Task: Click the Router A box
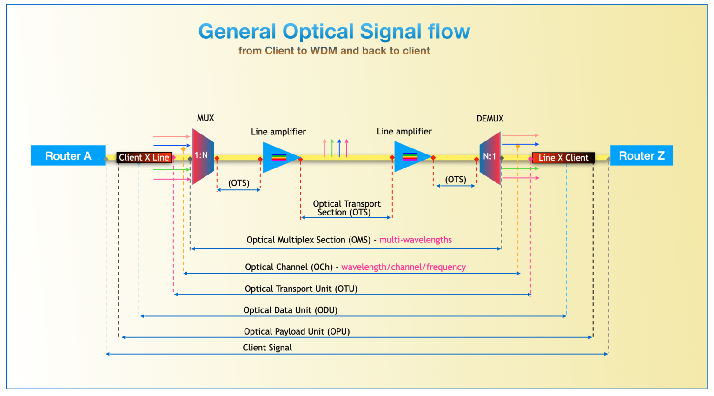click(68, 156)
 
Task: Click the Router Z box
click(641, 156)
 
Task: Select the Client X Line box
click(144, 158)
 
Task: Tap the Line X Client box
click(563, 158)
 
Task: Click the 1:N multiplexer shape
click(202, 156)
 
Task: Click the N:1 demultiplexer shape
click(490, 157)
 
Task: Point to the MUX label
click(205, 118)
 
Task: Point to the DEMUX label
click(490, 119)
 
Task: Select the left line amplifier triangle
click(279, 158)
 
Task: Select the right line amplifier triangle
click(410, 157)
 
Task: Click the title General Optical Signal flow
click(334, 32)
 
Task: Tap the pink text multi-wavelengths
click(415, 240)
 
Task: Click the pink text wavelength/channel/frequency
click(403, 267)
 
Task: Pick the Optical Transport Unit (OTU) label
click(301, 289)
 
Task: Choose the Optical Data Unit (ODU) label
click(290, 310)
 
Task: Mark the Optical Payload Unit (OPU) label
click(297, 332)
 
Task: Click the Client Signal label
click(267, 348)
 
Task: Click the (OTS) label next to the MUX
click(238, 183)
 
